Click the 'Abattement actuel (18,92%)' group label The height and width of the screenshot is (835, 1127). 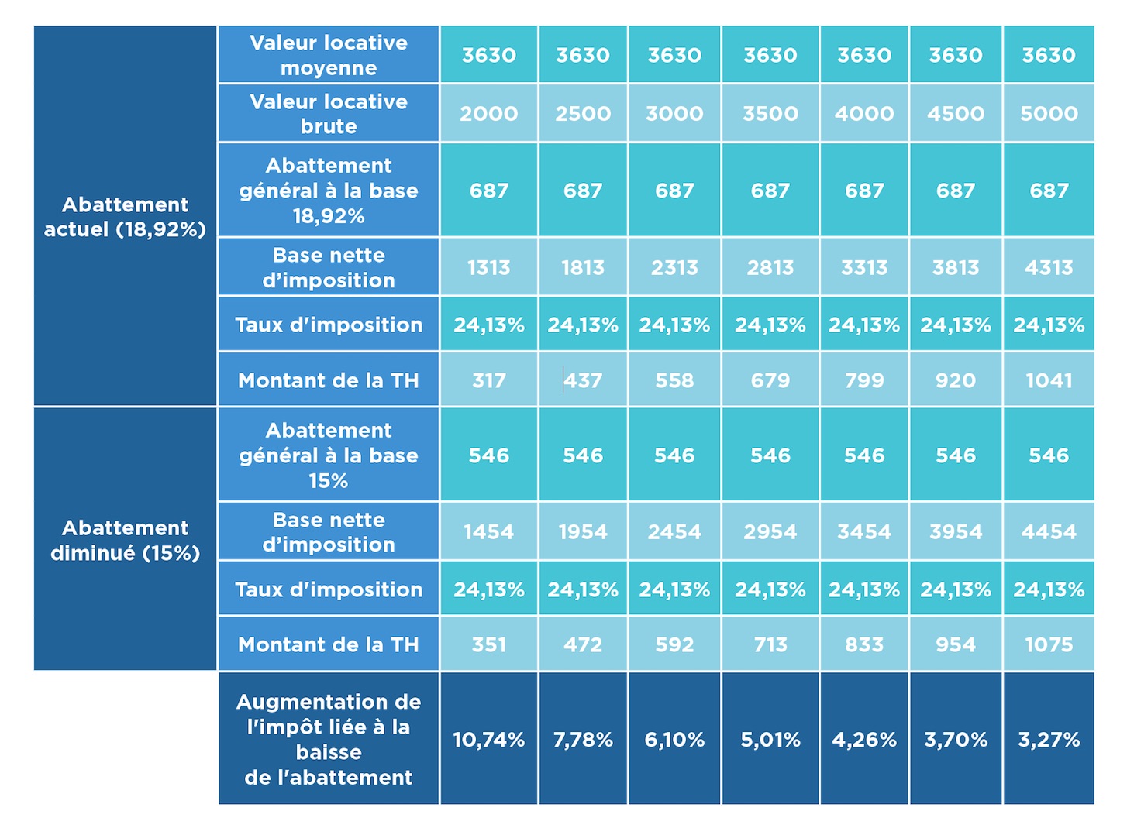[x=125, y=216]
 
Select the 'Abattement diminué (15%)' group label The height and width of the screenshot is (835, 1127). [x=125, y=540]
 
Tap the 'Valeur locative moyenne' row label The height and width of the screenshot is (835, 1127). [x=329, y=55]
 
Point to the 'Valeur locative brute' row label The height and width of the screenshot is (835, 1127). [x=329, y=114]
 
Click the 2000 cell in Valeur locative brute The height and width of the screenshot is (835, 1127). [x=488, y=114]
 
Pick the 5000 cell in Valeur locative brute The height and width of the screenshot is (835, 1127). [x=1049, y=114]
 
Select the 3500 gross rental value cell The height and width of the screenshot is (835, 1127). [x=770, y=114]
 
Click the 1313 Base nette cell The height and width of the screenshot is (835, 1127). [x=488, y=267]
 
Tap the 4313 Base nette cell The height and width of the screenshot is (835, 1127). [x=1049, y=267]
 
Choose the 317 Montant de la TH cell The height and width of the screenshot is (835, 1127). [x=488, y=380]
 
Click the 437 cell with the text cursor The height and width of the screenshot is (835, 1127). [x=583, y=380]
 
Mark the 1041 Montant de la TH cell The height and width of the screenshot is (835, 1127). [x=1049, y=380]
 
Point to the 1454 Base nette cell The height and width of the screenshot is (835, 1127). [x=488, y=532]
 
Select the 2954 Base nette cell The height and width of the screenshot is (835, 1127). [x=770, y=532]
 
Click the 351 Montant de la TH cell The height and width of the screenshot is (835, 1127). [x=488, y=644]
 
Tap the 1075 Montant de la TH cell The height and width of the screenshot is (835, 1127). [x=1049, y=644]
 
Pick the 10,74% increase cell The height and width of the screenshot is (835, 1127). [x=488, y=740]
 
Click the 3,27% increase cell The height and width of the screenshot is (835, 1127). [x=1049, y=740]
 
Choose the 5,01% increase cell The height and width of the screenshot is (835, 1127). [x=770, y=740]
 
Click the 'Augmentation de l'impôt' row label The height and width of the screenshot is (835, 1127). [x=329, y=739]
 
